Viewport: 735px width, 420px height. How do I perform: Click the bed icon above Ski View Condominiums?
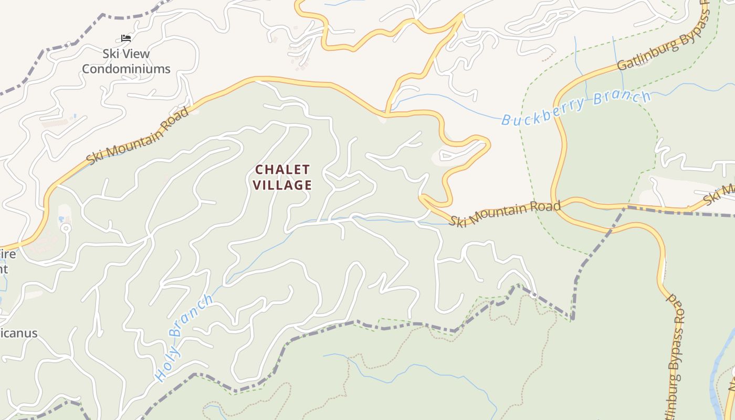pyautogui.click(x=125, y=38)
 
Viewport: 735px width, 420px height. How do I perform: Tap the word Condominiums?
pyautogui.click(x=126, y=69)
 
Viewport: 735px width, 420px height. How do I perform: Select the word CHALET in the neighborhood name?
pyautogui.click(x=282, y=170)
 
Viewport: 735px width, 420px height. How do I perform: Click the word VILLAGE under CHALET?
pyautogui.click(x=282, y=185)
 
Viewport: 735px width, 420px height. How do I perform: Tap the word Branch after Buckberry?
pyautogui.click(x=623, y=98)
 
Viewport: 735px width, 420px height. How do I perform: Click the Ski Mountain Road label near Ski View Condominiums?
pyautogui.click(x=138, y=136)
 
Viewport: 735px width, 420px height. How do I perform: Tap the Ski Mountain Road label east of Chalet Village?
pyautogui.click(x=505, y=213)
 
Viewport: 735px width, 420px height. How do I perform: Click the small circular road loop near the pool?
pyautogui.click(x=66, y=228)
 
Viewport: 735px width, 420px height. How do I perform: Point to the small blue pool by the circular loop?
pyautogui.click(x=61, y=218)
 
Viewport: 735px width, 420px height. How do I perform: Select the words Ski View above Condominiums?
pyautogui.click(x=126, y=54)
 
